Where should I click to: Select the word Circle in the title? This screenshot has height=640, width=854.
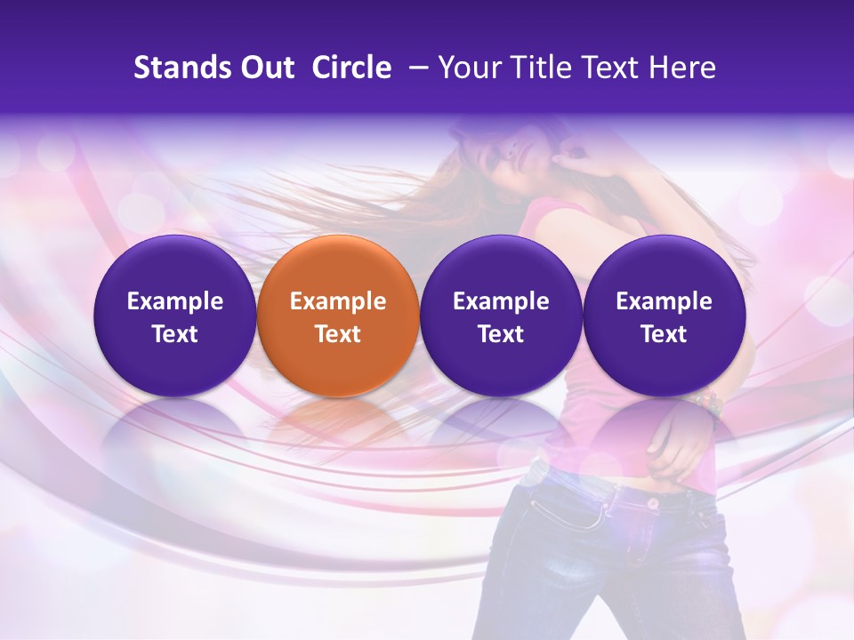click(x=351, y=68)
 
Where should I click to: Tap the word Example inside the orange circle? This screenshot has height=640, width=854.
click(x=337, y=301)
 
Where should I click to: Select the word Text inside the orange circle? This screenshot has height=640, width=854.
click(x=337, y=334)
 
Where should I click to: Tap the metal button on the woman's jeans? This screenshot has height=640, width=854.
click(x=654, y=502)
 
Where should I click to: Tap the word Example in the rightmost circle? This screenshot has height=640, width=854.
click(x=664, y=301)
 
